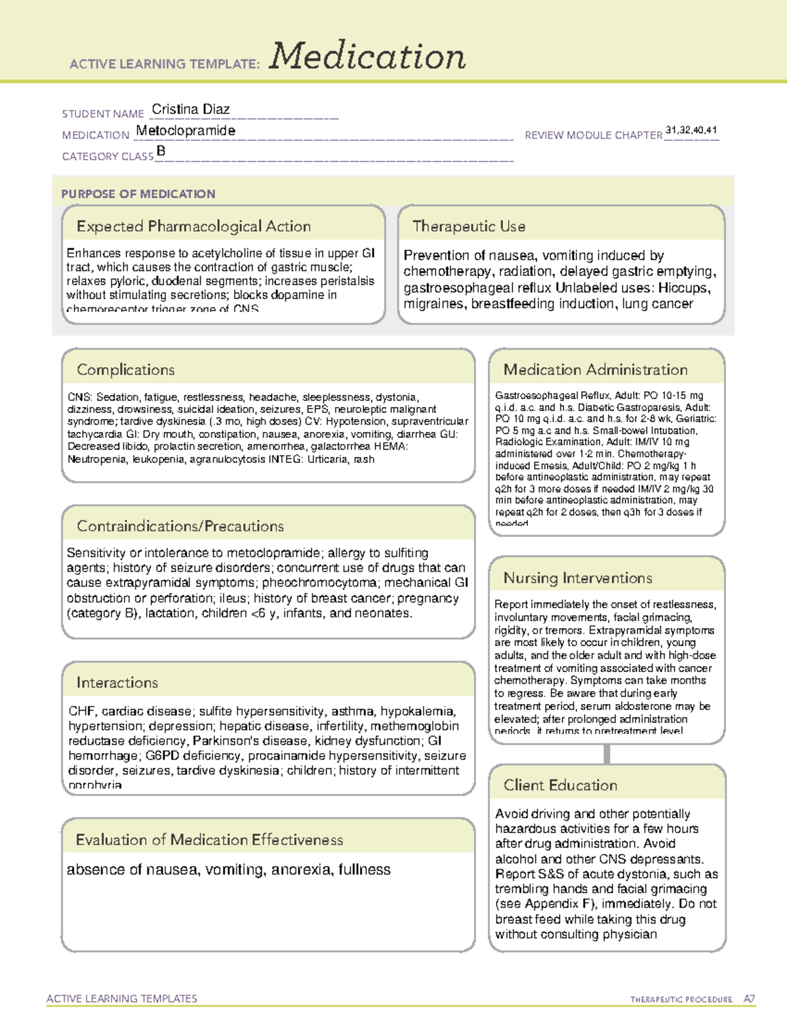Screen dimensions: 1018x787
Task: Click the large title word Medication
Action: [x=367, y=56]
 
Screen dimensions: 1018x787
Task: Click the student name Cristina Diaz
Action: [x=190, y=109]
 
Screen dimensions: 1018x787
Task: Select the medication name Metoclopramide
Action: [x=186, y=130]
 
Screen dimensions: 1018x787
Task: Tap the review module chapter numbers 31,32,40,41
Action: [x=691, y=130]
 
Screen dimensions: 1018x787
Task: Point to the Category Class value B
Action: [x=161, y=151]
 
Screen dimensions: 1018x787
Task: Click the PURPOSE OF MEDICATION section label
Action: [x=138, y=194]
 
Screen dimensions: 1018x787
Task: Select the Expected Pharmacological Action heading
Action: [x=193, y=227]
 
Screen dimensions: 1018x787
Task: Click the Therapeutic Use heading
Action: [x=468, y=227]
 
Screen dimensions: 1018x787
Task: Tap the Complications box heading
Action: [x=125, y=370]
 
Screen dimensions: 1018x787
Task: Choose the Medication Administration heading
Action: [x=595, y=370]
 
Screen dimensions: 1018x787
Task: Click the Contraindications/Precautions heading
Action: [x=180, y=526]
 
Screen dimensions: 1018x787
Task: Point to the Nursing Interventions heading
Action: [x=577, y=578]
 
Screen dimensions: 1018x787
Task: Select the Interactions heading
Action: [x=117, y=683]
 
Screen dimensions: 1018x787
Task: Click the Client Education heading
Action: [x=560, y=785]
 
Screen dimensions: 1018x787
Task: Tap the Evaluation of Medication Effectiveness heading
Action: [x=209, y=840]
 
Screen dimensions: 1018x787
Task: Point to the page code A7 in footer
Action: [x=749, y=999]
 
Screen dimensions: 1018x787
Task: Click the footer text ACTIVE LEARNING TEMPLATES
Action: [x=121, y=998]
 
